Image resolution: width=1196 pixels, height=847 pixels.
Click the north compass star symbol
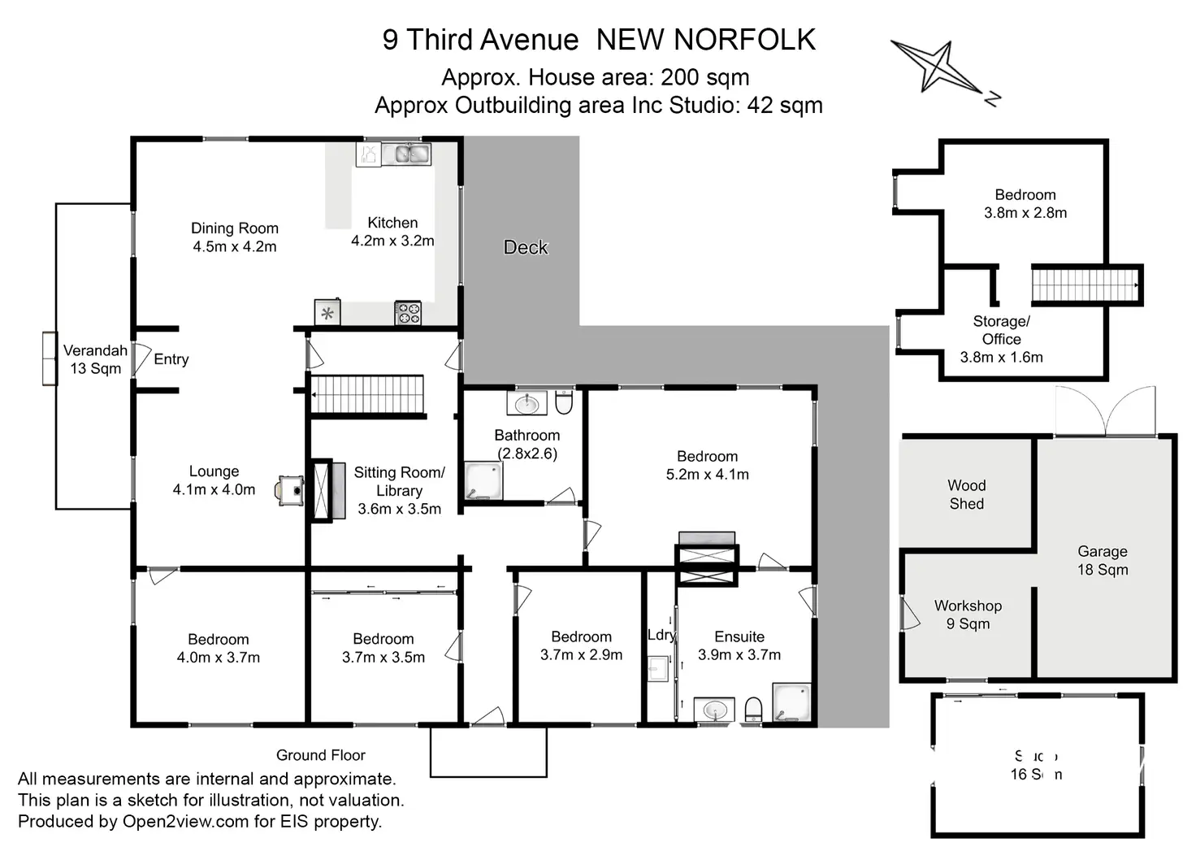pyautogui.click(x=939, y=67)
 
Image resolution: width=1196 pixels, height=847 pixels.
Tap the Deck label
pyautogui.click(x=526, y=247)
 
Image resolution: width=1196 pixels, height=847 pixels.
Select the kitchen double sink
pyautogui.click(x=407, y=153)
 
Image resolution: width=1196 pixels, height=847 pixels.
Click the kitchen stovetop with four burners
pyautogui.click(x=407, y=313)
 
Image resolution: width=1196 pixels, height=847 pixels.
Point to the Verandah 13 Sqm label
pyautogui.click(x=95, y=359)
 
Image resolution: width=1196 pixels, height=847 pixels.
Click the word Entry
pyautogui.click(x=171, y=359)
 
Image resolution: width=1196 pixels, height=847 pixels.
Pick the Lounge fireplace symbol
pyautogui.click(x=290, y=490)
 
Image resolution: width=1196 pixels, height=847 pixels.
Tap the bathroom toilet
pyautogui.click(x=564, y=402)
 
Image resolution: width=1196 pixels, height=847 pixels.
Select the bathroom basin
pyautogui.click(x=527, y=402)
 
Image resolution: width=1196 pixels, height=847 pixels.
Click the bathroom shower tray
pyautogui.click(x=483, y=481)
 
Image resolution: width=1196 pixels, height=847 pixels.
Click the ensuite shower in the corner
pyautogui.click(x=791, y=702)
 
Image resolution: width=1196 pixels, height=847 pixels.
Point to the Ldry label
pyautogui.click(x=661, y=635)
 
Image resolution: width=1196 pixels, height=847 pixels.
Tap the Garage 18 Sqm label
pyautogui.click(x=1103, y=561)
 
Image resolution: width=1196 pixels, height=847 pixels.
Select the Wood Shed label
pyautogui.click(x=966, y=494)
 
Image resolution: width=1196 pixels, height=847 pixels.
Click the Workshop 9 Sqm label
pyautogui.click(x=968, y=615)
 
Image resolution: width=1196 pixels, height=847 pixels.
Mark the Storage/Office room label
pyautogui.click(x=1001, y=339)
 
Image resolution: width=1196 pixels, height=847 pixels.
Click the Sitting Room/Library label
pyautogui.click(x=399, y=490)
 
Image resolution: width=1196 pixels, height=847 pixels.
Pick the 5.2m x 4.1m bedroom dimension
pyautogui.click(x=707, y=475)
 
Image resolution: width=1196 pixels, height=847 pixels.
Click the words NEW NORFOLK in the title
pyautogui.click(x=705, y=40)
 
